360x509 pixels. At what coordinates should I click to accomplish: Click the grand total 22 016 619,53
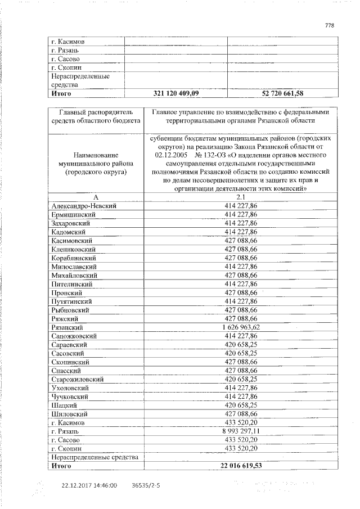[240, 466]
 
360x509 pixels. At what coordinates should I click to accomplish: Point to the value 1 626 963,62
[240, 327]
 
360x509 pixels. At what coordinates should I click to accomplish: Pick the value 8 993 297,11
[240, 431]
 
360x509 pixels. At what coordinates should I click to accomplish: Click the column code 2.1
[240, 197]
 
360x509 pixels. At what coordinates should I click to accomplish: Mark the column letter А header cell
[96, 197]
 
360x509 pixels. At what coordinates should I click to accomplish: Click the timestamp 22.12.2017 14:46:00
[89, 485]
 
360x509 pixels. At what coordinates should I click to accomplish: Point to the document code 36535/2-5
[145, 485]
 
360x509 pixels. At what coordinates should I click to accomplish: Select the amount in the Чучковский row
[240, 397]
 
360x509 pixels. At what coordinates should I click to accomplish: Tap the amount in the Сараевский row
[240, 344]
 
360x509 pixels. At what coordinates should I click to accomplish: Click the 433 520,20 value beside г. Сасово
[240, 440]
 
